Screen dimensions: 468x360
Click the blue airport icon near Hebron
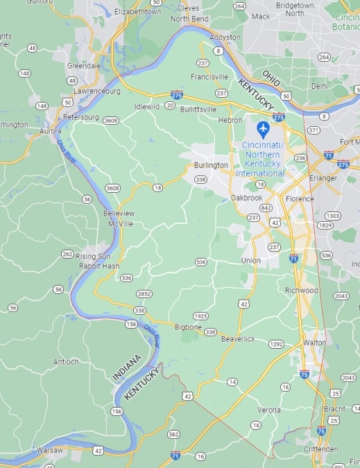263,128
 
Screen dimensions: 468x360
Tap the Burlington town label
211,165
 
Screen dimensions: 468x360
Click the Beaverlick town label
238,338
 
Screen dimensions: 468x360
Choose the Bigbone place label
188,327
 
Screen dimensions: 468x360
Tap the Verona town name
269,410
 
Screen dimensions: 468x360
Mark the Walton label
314,343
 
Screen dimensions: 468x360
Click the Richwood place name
301,290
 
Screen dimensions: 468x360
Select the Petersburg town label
80,117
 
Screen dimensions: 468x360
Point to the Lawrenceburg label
97,91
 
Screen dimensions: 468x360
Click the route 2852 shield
144,294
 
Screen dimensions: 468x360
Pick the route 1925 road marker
201,316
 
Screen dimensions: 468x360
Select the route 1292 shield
276,344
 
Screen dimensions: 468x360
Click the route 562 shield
173,434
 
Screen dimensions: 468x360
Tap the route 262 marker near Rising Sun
67,254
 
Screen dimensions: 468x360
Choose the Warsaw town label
49,450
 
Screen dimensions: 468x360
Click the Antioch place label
66,362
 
